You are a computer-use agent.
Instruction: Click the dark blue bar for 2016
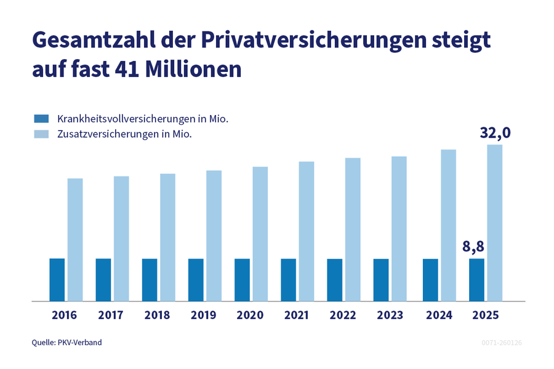57,280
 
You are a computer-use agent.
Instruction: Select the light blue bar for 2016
75,240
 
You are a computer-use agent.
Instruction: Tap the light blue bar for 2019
214,236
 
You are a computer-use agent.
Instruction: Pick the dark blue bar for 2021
289,280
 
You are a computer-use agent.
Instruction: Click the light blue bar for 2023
399,229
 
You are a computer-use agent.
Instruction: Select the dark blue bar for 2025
476,280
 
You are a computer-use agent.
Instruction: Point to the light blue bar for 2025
495,223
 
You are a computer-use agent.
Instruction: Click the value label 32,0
496,133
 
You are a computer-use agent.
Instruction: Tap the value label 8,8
473,247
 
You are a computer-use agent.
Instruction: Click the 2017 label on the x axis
111,315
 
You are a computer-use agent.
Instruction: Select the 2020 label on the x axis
250,315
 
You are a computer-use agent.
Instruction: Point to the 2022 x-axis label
343,315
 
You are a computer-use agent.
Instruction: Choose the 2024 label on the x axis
438,315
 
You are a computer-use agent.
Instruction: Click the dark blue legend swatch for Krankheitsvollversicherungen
41,118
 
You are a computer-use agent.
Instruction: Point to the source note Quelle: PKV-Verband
66,342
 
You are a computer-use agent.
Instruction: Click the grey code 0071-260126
501,342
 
